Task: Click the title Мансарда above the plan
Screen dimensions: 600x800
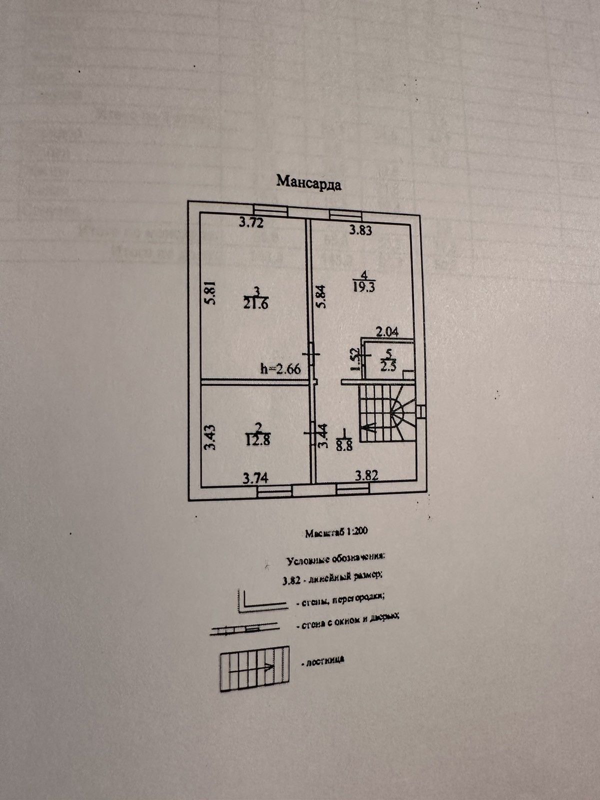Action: (309, 182)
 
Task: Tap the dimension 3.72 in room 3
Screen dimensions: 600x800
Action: (251, 223)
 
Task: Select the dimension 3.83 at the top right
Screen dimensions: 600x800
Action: (361, 230)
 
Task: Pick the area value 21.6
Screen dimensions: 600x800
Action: (257, 303)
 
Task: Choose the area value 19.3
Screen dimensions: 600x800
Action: (364, 287)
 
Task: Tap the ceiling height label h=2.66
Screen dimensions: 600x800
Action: (280, 369)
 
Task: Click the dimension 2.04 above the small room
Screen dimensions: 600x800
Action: (387, 331)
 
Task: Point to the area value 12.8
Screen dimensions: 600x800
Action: (258, 440)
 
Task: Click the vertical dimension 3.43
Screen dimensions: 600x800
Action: (211, 437)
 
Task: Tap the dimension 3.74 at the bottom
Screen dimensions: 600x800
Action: (255, 478)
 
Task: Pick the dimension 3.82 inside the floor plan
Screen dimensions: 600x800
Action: (367, 475)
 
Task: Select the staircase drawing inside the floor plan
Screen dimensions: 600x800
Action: (387, 412)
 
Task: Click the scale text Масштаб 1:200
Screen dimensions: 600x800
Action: (336, 532)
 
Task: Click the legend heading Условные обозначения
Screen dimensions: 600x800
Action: (335, 558)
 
